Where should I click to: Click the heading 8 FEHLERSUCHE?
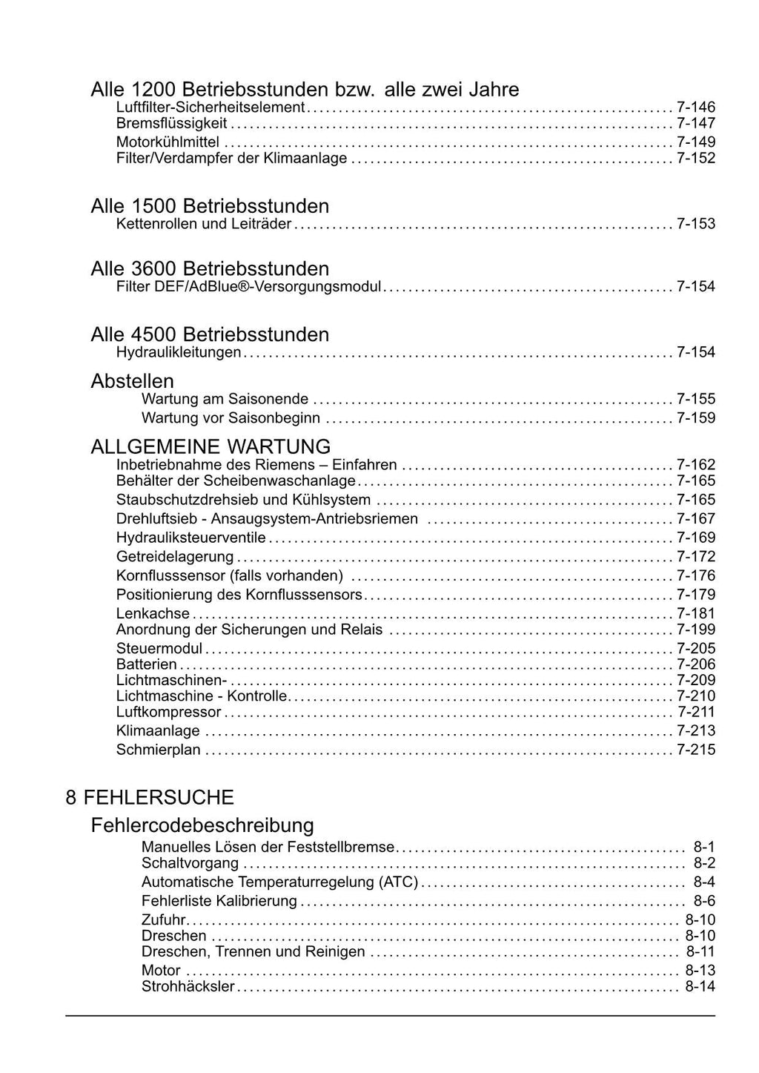tap(150, 798)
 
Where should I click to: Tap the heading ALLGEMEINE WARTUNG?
tap(211, 447)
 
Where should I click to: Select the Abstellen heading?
tap(132, 381)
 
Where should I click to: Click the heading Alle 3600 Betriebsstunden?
tap(210, 268)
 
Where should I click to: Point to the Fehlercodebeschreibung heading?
tap(202, 825)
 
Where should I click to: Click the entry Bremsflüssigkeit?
tap(171, 123)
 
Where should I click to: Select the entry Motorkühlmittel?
tap(168, 142)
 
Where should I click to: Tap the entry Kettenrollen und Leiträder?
tap(203, 223)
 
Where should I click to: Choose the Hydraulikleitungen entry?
tap(179, 352)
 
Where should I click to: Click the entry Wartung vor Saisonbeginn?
tap(231, 418)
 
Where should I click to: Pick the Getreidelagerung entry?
tap(175, 557)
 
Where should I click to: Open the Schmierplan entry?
tap(159, 750)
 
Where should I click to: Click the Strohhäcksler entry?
tap(188, 987)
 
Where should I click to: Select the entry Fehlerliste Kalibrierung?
tap(219, 902)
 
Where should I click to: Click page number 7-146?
tap(696, 107)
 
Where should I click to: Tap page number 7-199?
tap(696, 630)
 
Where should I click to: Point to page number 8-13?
tap(700, 971)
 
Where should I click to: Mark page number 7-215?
tap(696, 750)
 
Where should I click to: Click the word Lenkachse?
tap(153, 614)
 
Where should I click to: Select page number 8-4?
tap(704, 882)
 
